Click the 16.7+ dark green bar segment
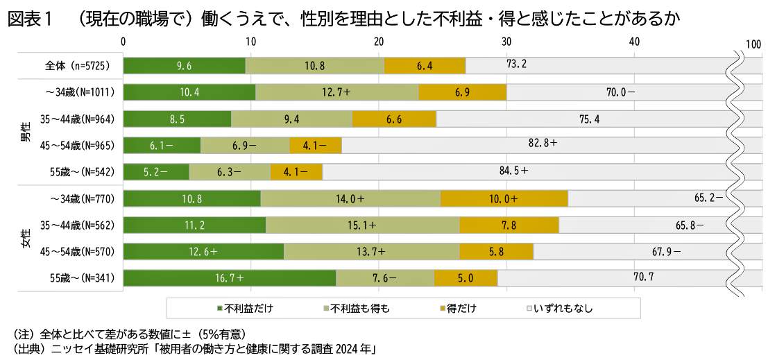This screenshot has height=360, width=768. pos(230,278)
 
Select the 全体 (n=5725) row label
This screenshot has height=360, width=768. pos(74,65)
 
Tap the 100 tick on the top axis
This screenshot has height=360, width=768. pos(753,43)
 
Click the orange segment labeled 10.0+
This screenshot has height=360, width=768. pos(504,198)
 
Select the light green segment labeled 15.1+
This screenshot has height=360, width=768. pos(362,225)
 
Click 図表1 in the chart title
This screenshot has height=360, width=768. pos(30,19)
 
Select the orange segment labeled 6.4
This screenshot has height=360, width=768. pos(425,65)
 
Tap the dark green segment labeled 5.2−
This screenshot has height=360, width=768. pos(156,171)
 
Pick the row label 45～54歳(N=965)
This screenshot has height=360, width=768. pos(76,145)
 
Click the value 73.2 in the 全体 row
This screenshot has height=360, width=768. pos(517,65)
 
